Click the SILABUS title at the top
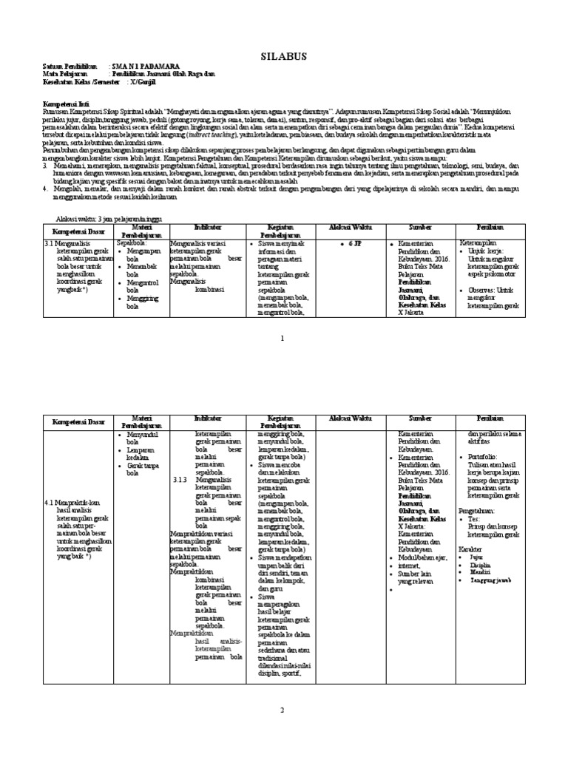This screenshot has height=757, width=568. (283, 56)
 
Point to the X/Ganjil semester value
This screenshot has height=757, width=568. (146, 83)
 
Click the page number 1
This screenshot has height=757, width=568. (283, 338)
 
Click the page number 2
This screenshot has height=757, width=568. (283, 710)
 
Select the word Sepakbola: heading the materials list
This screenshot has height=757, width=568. (132, 242)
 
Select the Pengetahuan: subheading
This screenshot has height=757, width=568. (480, 510)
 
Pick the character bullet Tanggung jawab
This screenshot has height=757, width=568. (490, 581)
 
